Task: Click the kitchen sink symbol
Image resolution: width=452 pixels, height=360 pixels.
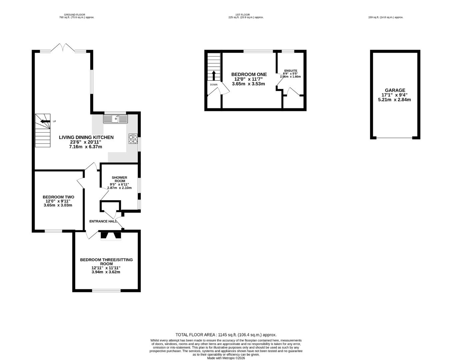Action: [115, 119]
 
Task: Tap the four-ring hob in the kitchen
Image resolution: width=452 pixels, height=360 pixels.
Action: [133, 139]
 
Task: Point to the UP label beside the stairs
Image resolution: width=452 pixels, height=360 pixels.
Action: [54, 121]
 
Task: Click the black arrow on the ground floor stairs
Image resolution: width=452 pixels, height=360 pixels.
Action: [45, 121]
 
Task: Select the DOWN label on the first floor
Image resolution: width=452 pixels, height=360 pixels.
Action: [214, 85]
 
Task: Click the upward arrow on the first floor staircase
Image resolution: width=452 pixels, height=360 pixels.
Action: [214, 76]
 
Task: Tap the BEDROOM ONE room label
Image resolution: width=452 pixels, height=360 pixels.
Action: [249, 74]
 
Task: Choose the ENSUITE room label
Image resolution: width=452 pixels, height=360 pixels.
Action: [291, 71]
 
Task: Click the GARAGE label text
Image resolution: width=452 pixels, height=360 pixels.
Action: [395, 90]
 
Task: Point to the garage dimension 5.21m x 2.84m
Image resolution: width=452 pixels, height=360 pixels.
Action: [394, 100]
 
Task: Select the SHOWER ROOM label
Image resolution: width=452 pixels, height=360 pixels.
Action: [120, 179]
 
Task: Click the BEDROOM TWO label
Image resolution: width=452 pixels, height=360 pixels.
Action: [58, 197]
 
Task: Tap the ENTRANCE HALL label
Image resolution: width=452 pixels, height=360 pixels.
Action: [103, 221]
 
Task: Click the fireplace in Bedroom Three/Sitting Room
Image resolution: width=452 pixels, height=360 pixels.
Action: [111, 235]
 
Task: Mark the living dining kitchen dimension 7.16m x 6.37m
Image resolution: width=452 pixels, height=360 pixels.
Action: [85, 147]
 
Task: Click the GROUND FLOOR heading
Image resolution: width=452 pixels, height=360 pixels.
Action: [75, 15]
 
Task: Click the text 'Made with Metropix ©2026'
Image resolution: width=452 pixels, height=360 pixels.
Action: [226, 358]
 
